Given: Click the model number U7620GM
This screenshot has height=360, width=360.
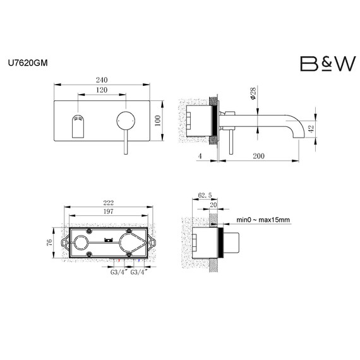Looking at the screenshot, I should click(x=29, y=63).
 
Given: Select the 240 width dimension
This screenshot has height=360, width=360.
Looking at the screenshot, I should click(x=102, y=80).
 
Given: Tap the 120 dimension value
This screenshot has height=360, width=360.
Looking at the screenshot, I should click(x=102, y=91).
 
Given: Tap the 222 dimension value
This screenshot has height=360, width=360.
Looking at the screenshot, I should click(x=109, y=202).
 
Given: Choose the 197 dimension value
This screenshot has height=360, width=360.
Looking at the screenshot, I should click(x=109, y=213).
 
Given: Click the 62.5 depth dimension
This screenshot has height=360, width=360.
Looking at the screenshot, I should click(x=204, y=196).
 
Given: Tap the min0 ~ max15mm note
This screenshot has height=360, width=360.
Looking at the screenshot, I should click(x=263, y=220).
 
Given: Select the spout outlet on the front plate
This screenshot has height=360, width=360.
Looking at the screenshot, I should click(x=78, y=126).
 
